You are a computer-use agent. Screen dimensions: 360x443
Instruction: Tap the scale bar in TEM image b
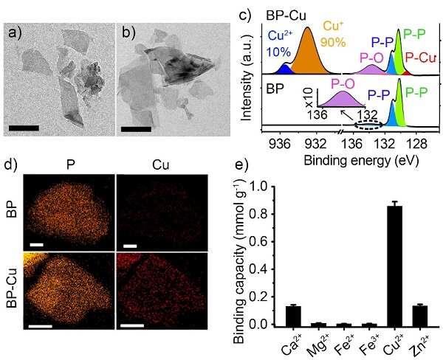tap(136, 128)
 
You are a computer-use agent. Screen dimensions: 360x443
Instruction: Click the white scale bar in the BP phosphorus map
tap(35, 242)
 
